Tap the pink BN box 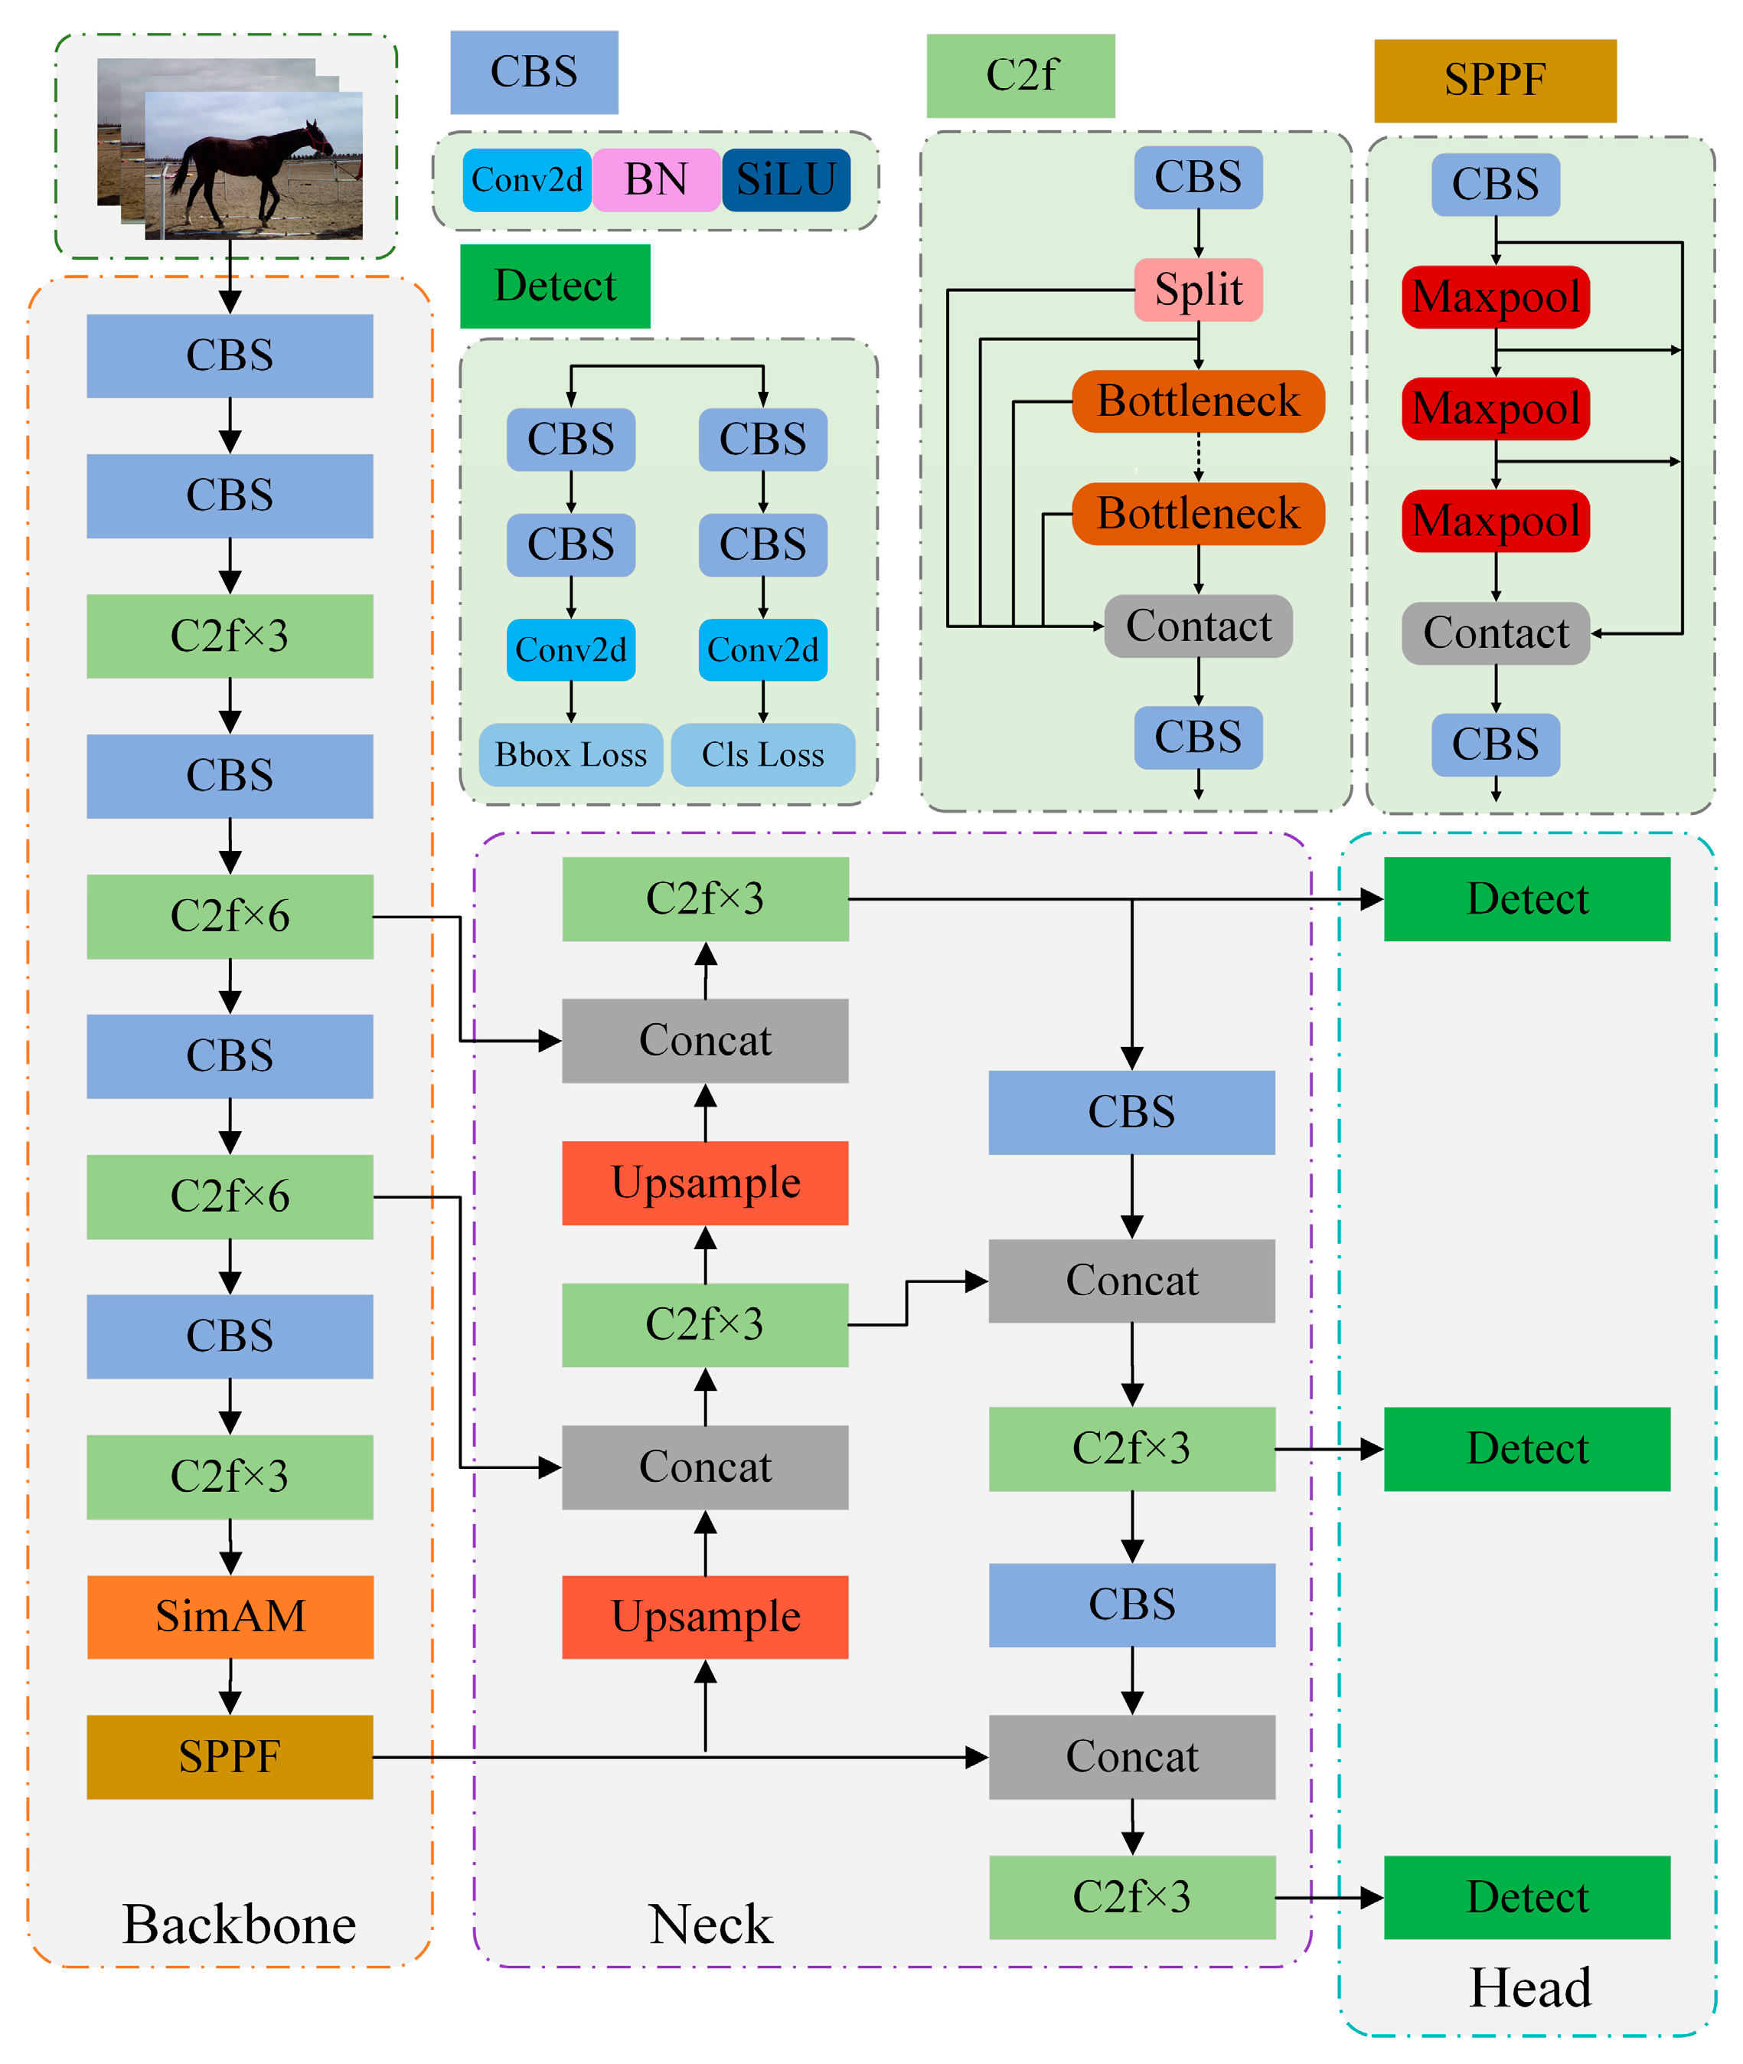tap(656, 180)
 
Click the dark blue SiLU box tap(785, 180)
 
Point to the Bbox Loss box tap(570, 755)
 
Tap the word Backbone tap(238, 1924)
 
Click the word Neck tap(710, 1924)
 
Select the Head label tap(1529, 1987)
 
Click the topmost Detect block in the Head tap(1526, 898)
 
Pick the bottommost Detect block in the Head tap(1526, 1897)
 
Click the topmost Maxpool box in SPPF tap(1495, 296)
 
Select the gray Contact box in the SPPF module tap(1495, 633)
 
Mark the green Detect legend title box tap(554, 286)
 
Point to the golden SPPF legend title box tap(1494, 80)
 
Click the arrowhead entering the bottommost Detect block tap(1372, 1897)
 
